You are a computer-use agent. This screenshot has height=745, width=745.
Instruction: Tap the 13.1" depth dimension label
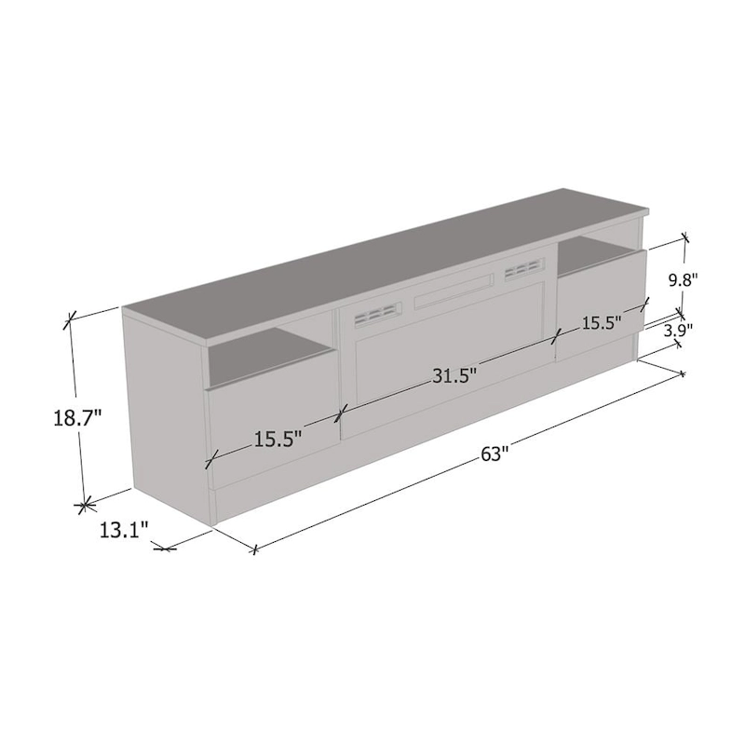click(124, 532)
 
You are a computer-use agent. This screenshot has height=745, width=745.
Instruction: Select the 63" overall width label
click(495, 454)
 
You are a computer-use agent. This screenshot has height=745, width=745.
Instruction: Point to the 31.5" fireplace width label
click(454, 375)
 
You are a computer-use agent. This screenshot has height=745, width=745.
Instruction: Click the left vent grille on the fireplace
click(372, 314)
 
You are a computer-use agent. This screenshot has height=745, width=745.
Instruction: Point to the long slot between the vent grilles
click(451, 292)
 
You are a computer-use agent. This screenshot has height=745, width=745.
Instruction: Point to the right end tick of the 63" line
click(683, 374)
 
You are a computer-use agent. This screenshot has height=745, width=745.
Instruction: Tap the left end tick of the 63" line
click(252, 550)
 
